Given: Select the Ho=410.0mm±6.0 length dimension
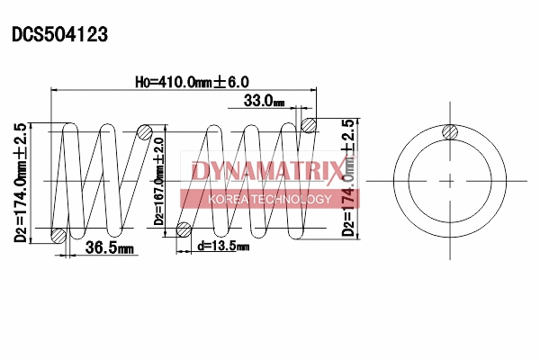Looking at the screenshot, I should tap(191, 82).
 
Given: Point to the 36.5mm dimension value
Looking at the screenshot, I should tap(109, 248).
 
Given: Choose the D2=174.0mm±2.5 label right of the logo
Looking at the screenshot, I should tap(348, 177).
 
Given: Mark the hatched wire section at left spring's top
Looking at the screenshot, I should tap(144, 132).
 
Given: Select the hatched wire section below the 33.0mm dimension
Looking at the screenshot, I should tap(309, 124).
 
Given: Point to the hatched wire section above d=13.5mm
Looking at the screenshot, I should tap(184, 229).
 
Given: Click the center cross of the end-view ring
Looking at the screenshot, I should tap(450, 181).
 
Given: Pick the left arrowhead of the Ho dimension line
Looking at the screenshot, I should tap(56, 90).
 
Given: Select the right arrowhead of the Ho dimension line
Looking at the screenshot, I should tap(316, 90).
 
